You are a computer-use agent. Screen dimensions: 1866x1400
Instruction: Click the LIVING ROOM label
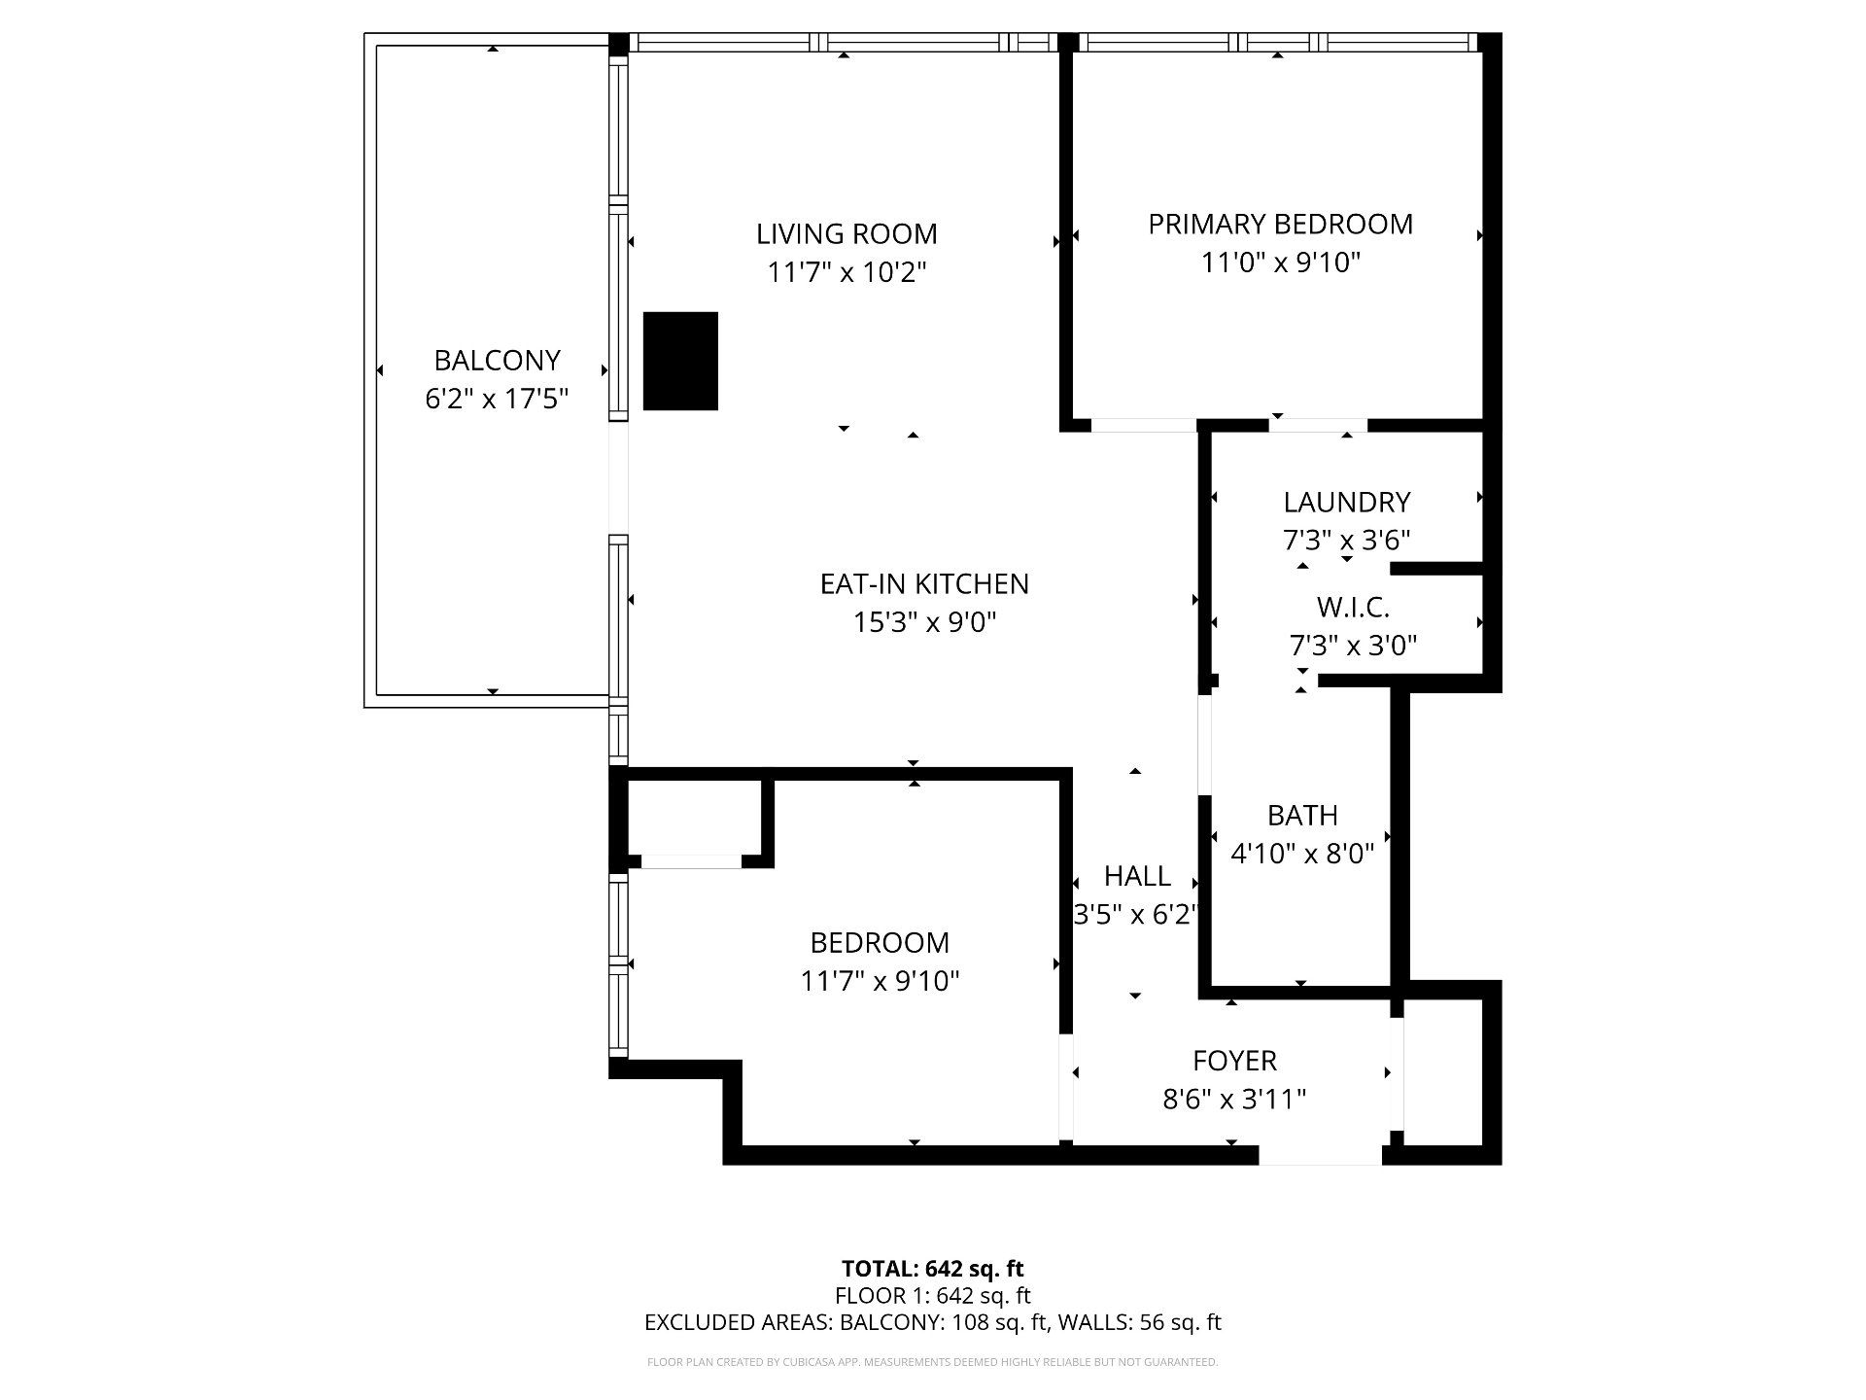(x=847, y=234)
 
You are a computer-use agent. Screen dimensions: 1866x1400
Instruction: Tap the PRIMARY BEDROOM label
(x=1280, y=225)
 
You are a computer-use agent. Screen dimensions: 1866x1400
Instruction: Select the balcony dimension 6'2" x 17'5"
(x=497, y=399)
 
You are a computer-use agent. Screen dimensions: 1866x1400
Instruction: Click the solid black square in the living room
(x=680, y=361)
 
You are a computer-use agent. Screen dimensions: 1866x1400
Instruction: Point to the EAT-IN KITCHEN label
(x=924, y=583)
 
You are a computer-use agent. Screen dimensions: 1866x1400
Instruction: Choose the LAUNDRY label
(x=1346, y=502)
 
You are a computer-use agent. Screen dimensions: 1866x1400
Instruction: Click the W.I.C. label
(x=1353, y=608)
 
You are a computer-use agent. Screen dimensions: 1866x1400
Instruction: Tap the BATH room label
(x=1302, y=815)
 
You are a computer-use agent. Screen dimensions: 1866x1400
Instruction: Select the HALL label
(x=1137, y=876)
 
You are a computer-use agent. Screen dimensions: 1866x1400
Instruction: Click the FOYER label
(x=1234, y=1060)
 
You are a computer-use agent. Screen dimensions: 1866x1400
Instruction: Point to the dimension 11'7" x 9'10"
(x=880, y=981)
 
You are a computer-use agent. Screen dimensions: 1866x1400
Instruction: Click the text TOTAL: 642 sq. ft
(x=932, y=1268)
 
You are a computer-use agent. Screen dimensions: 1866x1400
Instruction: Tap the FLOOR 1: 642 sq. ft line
(x=932, y=1295)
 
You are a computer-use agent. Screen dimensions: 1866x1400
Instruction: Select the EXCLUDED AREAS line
(x=932, y=1322)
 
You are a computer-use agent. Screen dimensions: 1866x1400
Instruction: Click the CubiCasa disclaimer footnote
(x=932, y=1362)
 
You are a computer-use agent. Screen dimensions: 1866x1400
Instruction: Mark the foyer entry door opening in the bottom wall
(x=1321, y=1155)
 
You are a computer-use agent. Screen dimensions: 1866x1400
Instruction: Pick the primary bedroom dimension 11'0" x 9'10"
(x=1280, y=262)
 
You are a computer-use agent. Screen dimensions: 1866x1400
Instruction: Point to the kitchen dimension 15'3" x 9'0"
(x=924, y=622)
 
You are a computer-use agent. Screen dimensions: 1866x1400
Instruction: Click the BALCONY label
(x=497, y=361)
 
